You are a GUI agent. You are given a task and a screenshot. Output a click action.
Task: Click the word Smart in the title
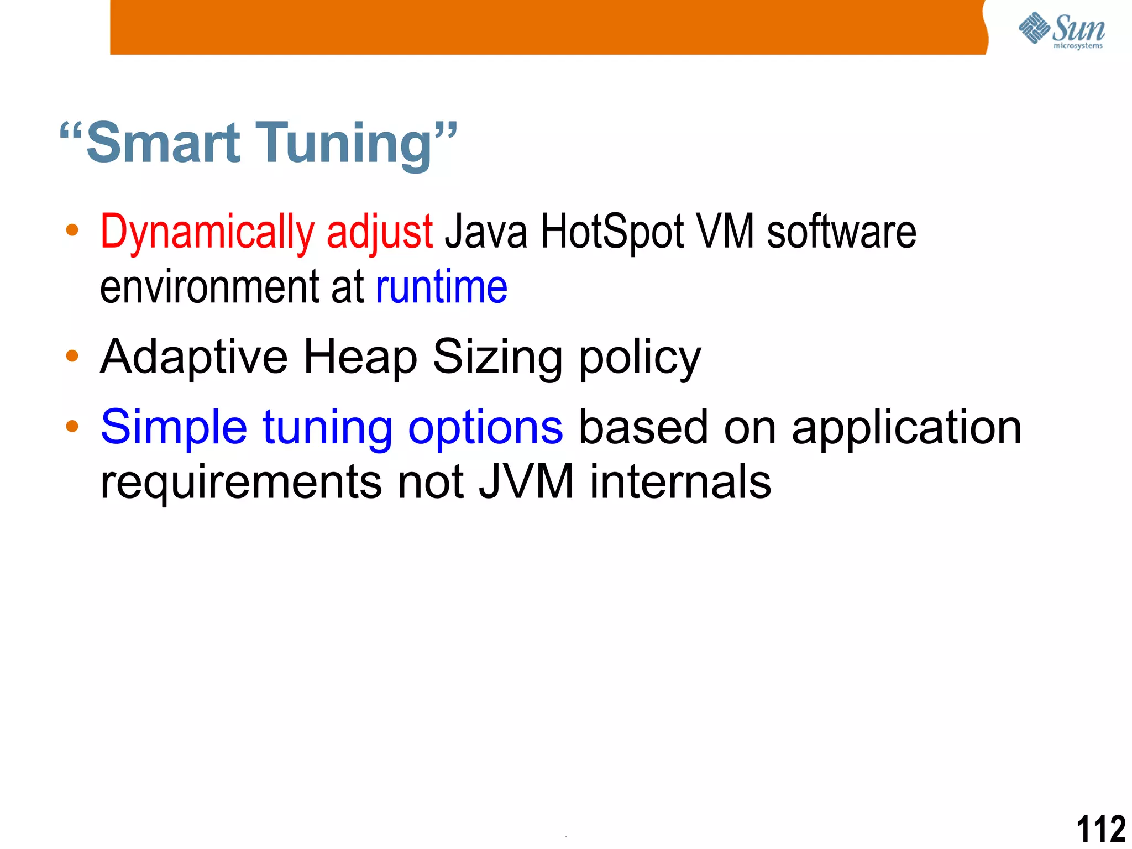tap(164, 143)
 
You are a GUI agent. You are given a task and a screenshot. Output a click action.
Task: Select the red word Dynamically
tap(207, 232)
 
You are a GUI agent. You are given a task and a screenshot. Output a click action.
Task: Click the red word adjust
tap(379, 232)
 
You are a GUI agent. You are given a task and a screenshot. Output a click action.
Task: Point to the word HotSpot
tap(612, 232)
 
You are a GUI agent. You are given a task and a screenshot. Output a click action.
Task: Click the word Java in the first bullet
tap(486, 232)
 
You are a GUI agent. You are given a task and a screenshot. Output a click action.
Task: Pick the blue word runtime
tap(441, 287)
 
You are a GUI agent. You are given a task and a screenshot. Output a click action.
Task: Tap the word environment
tap(209, 287)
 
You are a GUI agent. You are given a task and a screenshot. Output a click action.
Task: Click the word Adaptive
tap(194, 357)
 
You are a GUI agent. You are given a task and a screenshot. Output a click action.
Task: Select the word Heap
tap(360, 357)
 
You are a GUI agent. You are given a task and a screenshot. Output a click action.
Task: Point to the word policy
tap(640, 357)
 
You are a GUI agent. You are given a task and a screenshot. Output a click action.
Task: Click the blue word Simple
tap(174, 427)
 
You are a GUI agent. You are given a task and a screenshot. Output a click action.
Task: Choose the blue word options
tap(485, 427)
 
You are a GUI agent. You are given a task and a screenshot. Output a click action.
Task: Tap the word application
tap(906, 427)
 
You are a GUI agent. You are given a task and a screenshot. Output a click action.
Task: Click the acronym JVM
tap(526, 481)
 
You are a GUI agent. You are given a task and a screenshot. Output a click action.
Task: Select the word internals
tap(680, 481)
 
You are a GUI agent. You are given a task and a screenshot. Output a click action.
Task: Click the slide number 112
tap(1101, 829)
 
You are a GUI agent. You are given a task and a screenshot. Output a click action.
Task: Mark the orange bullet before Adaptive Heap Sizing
tap(72, 355)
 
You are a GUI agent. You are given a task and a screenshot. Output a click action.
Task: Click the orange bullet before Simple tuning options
tap(72, 426)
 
